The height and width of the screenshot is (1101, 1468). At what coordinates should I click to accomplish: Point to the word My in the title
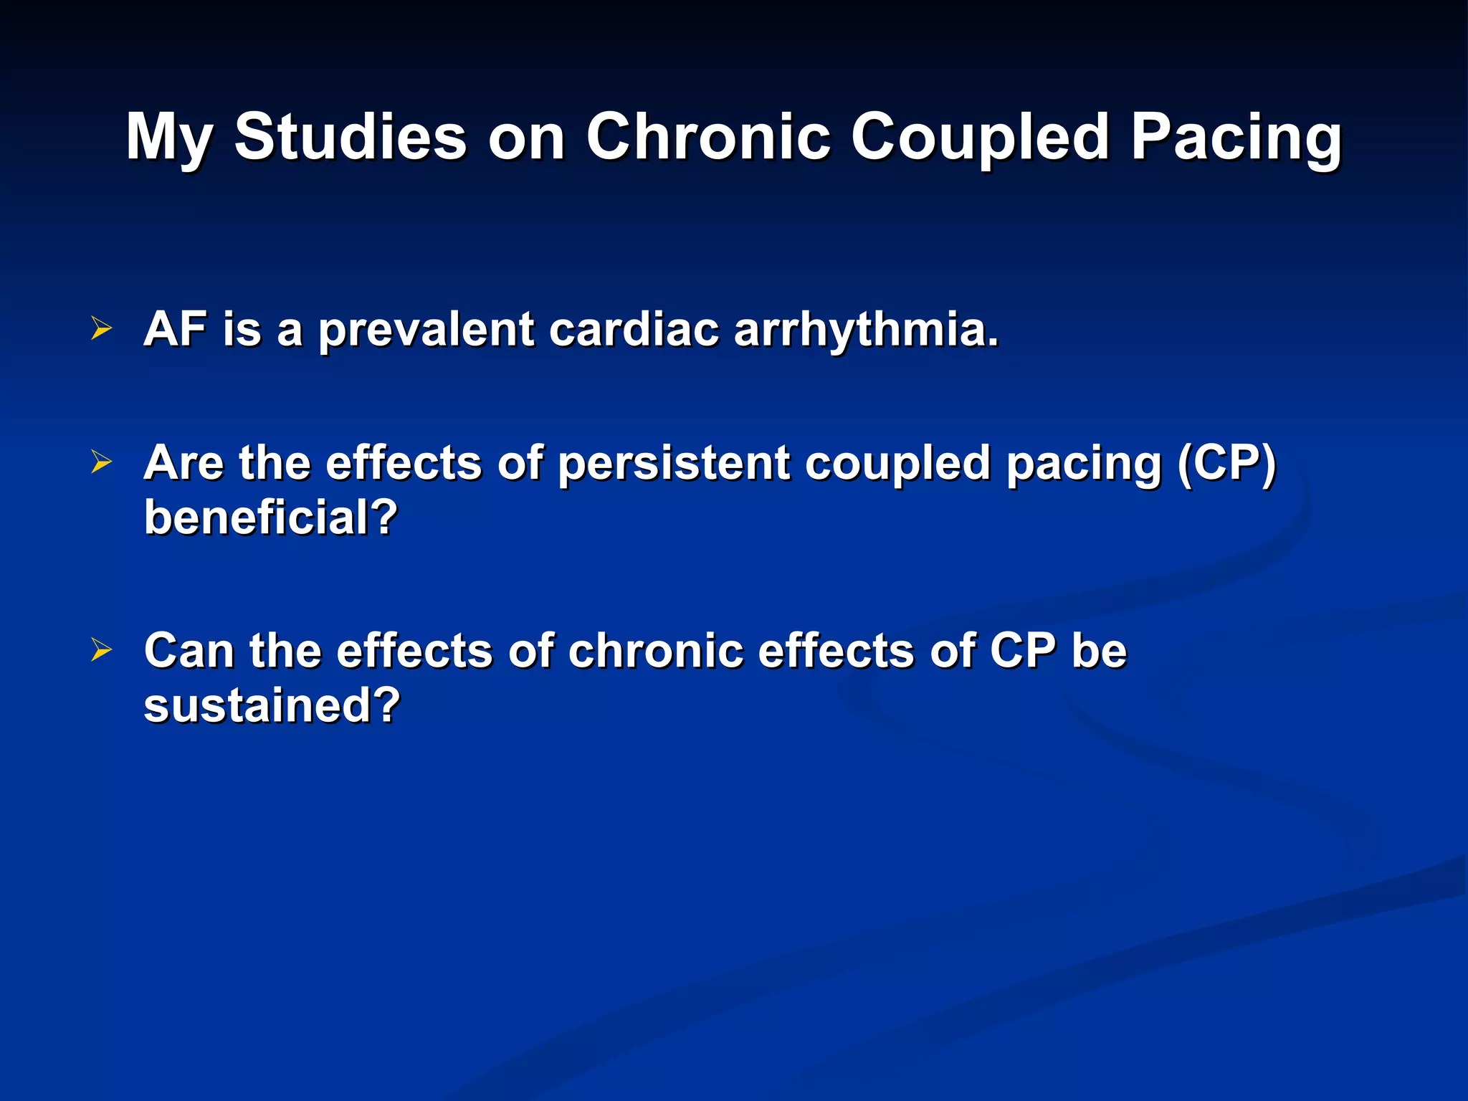pyautogui.click(x=169, y=138)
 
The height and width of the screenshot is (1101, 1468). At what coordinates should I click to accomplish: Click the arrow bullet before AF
pyautogui.click(x=102, y=329)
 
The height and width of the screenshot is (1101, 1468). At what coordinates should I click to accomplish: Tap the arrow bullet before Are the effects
pyautogui.click(x=102, y=462)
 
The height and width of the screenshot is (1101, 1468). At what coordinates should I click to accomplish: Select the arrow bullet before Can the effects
pyautogui.click(x=102, y=650)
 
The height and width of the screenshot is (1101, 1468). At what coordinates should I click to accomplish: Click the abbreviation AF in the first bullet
pyautogui.click(x=175, y=329)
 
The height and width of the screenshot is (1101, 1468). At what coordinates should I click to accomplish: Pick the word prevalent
pyautogui.click(x=426, y=330)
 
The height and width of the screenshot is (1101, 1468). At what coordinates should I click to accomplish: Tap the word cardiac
pyautogui.click(x=634, y=329)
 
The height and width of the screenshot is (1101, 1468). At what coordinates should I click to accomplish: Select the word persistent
pyautogui.click(x=674, y=463)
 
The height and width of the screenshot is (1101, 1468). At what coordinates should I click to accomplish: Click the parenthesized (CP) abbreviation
pyautogui.click(x=1227, y=463)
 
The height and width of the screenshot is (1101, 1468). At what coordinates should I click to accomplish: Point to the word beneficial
pyautogui.click(x=270, y=517)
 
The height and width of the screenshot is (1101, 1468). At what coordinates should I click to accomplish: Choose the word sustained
pyautogui.click(x=272, y=705)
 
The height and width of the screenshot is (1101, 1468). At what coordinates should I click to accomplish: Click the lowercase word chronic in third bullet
pyautogui.click(x=655, y=651)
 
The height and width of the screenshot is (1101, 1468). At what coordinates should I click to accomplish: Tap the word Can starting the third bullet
pyautogui.click(x=189, y=651)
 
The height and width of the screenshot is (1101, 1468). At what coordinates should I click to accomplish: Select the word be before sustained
pyautogui.click(x=1099, y=651)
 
